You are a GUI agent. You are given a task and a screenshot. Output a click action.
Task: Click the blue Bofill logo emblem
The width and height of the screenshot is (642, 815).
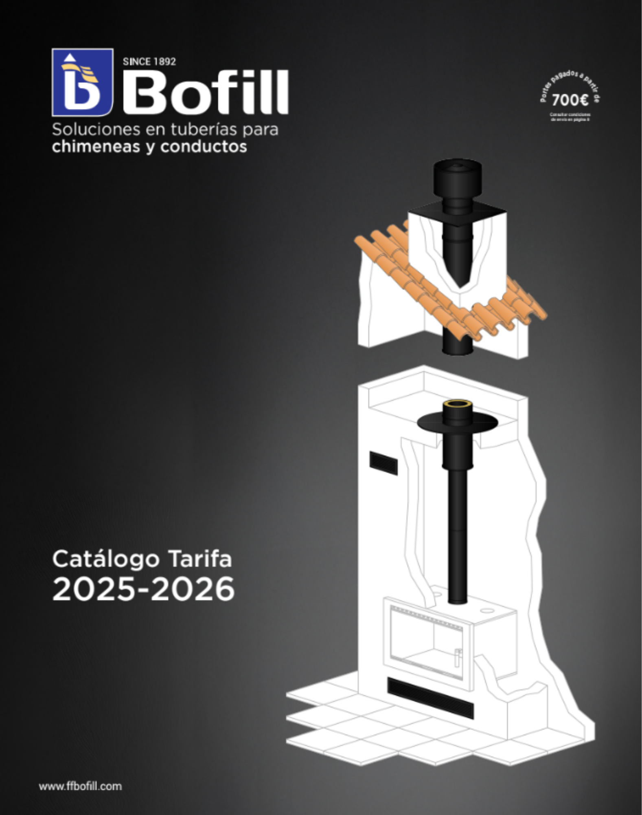click(82, 82)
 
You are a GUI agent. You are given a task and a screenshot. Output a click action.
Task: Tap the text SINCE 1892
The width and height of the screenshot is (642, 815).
click(149, 62)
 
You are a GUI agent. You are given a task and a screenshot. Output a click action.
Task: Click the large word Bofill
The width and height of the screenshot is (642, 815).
click(206, 93)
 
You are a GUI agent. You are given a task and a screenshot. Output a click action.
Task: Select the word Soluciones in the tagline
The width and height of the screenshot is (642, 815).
click(96, 130)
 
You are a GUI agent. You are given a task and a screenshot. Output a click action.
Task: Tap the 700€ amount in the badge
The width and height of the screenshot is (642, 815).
click(570, 100)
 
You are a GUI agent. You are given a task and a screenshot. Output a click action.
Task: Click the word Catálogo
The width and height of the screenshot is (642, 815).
click(105, 559)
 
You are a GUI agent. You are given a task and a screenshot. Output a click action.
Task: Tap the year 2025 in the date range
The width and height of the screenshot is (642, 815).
click(99, 589)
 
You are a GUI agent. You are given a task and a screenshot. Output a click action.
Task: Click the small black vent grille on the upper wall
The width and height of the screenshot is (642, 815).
click(383, 463)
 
